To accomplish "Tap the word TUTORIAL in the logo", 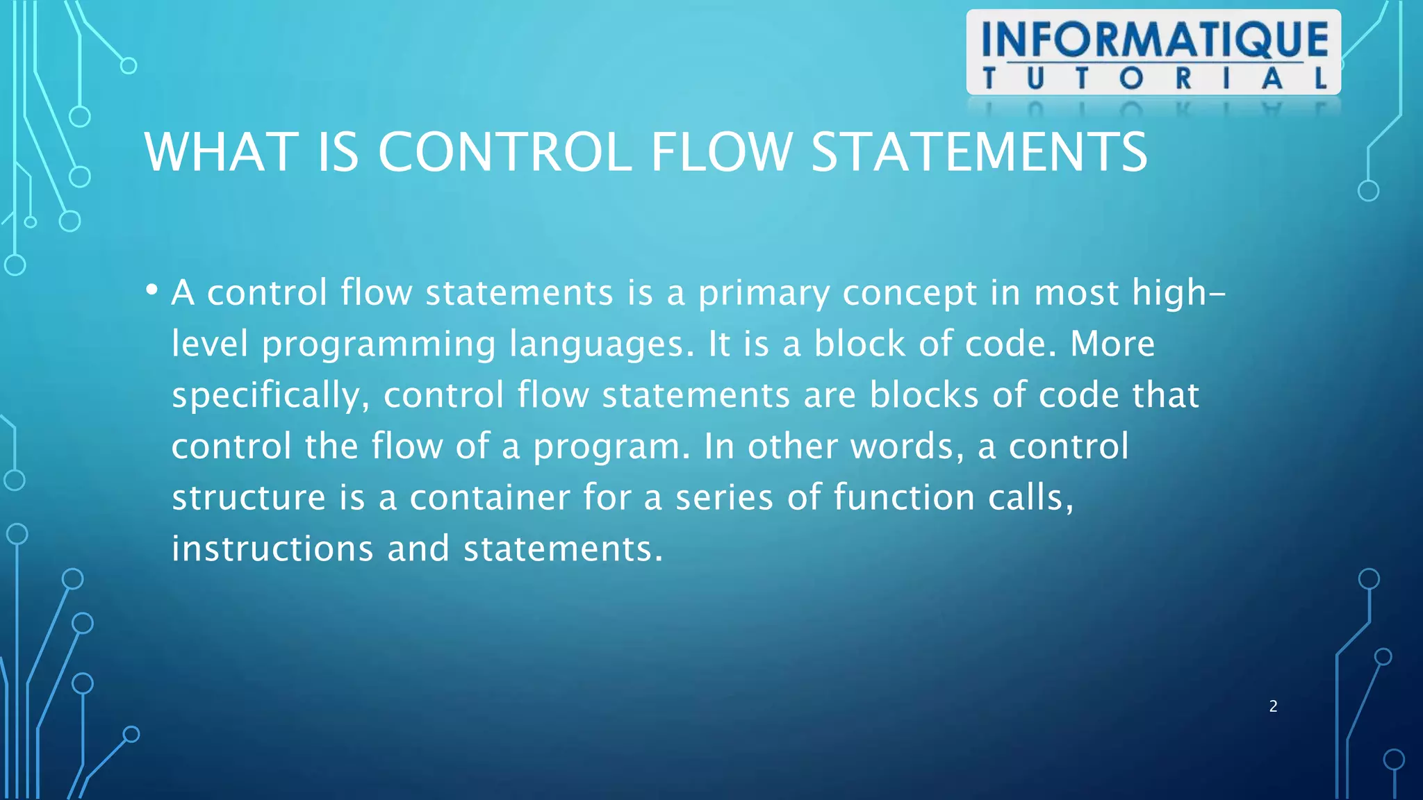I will [x=1154, y=78].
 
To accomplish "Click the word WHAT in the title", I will [x=222, y=152].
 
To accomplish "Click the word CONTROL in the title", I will [x=504, y=152].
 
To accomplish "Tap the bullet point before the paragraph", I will [x=151, y=290].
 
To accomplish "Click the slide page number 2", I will [x=1273, y=706].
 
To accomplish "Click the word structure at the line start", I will [x=248, y=498].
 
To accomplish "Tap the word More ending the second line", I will [x=1112, y=344].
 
